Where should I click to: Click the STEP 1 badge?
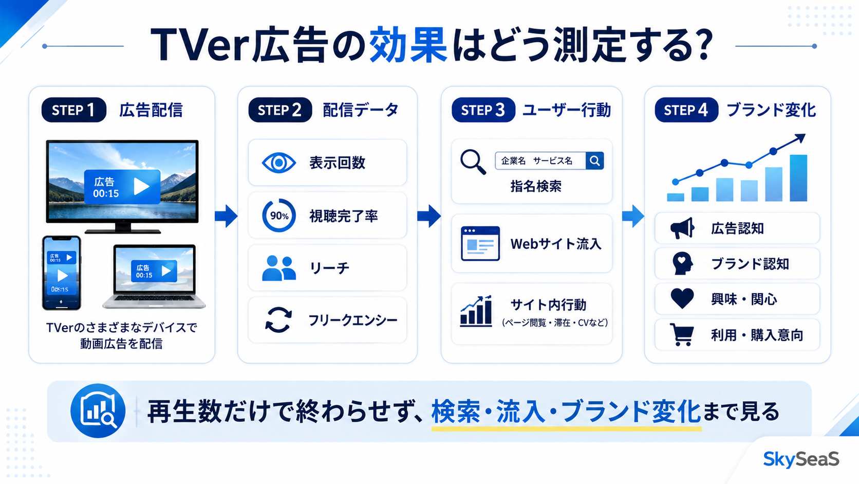click(74, 110)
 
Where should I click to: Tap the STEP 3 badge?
click(483, 110)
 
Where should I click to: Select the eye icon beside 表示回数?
click(279, 163)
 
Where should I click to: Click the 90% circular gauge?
click(279, 216)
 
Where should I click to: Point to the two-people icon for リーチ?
click(279, 268)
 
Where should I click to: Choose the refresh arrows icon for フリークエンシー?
click(279, 320)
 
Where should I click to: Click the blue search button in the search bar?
click(595, 161)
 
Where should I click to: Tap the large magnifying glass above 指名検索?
click(473, 162)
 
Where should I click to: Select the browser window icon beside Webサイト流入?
click(480, 243)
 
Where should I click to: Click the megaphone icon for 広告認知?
click(682, 228)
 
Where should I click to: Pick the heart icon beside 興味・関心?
click(682, 299)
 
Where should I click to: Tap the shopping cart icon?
click(682, 334)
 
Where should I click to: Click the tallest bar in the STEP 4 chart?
click(798, 178)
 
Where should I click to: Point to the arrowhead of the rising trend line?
click(800, 138)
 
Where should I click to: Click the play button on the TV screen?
click(141, 187)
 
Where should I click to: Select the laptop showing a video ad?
click(154, 276)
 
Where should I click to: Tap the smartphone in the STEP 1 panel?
click(61, 273)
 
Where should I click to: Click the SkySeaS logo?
click(801, 459)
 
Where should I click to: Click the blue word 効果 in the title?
click(408, 45)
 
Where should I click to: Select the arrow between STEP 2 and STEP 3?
click(429, 216)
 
